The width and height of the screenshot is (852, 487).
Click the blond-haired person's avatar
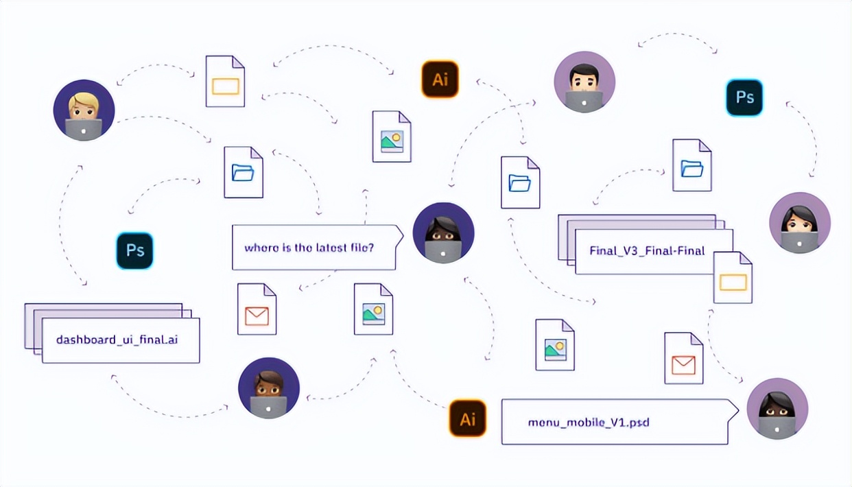[x=84, y=110]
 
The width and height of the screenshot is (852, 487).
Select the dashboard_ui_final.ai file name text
[x=117, y=339]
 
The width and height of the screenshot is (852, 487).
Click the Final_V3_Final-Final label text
[x=647, y=250]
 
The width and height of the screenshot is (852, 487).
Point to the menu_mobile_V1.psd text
[x=589, y=422]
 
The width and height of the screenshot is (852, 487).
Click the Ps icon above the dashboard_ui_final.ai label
[x=134, y=250]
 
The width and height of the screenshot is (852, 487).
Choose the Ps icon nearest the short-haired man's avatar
[x=744, y=97]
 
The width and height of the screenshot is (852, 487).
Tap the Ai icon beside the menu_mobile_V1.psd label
[x=467, y=418]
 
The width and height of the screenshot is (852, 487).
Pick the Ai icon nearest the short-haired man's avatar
[x=439, y=80]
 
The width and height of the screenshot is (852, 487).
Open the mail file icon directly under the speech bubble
[x=257, y=309]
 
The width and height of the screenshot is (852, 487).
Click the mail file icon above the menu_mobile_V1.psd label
[x=683, y=358]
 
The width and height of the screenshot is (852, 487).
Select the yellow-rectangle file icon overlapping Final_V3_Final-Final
[x=733, y=278]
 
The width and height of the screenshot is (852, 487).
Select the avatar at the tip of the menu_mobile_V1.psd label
[x=777, y=408]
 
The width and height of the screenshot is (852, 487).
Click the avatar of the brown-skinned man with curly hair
[x=268, y=388]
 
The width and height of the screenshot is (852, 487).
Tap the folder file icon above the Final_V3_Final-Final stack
[x=691, y=165]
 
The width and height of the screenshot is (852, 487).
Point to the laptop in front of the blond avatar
[x=84, y=129]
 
